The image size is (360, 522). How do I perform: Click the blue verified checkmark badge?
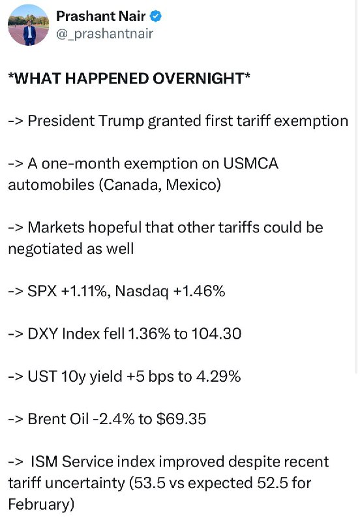click(156, 16)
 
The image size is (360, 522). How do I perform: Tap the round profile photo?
click(28, 25)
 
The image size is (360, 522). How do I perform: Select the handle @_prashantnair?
click(105, 34)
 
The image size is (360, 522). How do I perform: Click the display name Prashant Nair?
click(101, 16)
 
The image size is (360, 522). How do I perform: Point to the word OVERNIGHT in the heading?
click(199, 78)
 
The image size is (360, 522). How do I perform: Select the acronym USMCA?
click(250, 164)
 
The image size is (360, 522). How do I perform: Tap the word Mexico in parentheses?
click(191, 185)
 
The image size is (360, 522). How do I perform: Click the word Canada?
click(132, 185)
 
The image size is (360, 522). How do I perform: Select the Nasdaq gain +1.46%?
click(200, 291)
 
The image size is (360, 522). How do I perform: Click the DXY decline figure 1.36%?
click(149, 334)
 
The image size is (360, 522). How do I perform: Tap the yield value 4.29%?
click(218, 376)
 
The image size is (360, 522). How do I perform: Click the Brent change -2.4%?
click(113, 419)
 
